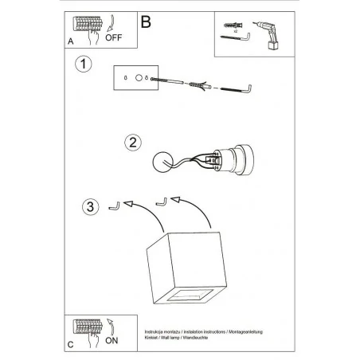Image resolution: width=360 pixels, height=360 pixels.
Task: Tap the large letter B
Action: point(146,22)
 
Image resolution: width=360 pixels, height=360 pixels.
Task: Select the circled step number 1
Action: point(82,63)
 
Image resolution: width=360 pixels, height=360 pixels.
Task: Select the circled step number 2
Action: point(134,143)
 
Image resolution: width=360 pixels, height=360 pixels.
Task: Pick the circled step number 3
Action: point(89,209)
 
